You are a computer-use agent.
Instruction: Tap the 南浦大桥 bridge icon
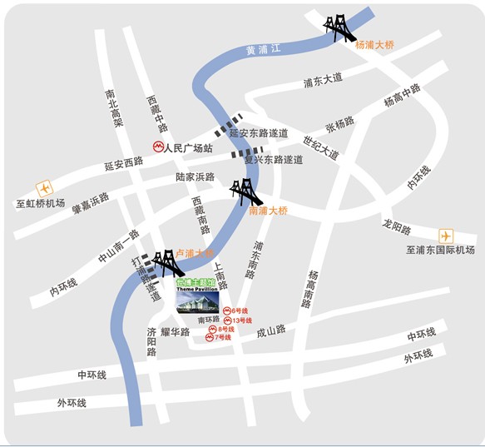click(x=246, y=193)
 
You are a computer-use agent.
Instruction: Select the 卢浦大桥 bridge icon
click(x=169, y=261)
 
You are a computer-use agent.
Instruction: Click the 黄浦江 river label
click(x=265, y=50)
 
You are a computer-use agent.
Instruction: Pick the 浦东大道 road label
click(x=323, y=81)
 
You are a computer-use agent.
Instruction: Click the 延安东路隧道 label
click(x=259, y=133)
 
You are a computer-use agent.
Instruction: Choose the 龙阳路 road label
click(x=397, y=226)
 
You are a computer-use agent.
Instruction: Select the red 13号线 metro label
click(x=242, y=320)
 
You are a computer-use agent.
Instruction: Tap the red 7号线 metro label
click(x=223, y=337)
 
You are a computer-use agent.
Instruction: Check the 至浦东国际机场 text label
click(x=439, y=251)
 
